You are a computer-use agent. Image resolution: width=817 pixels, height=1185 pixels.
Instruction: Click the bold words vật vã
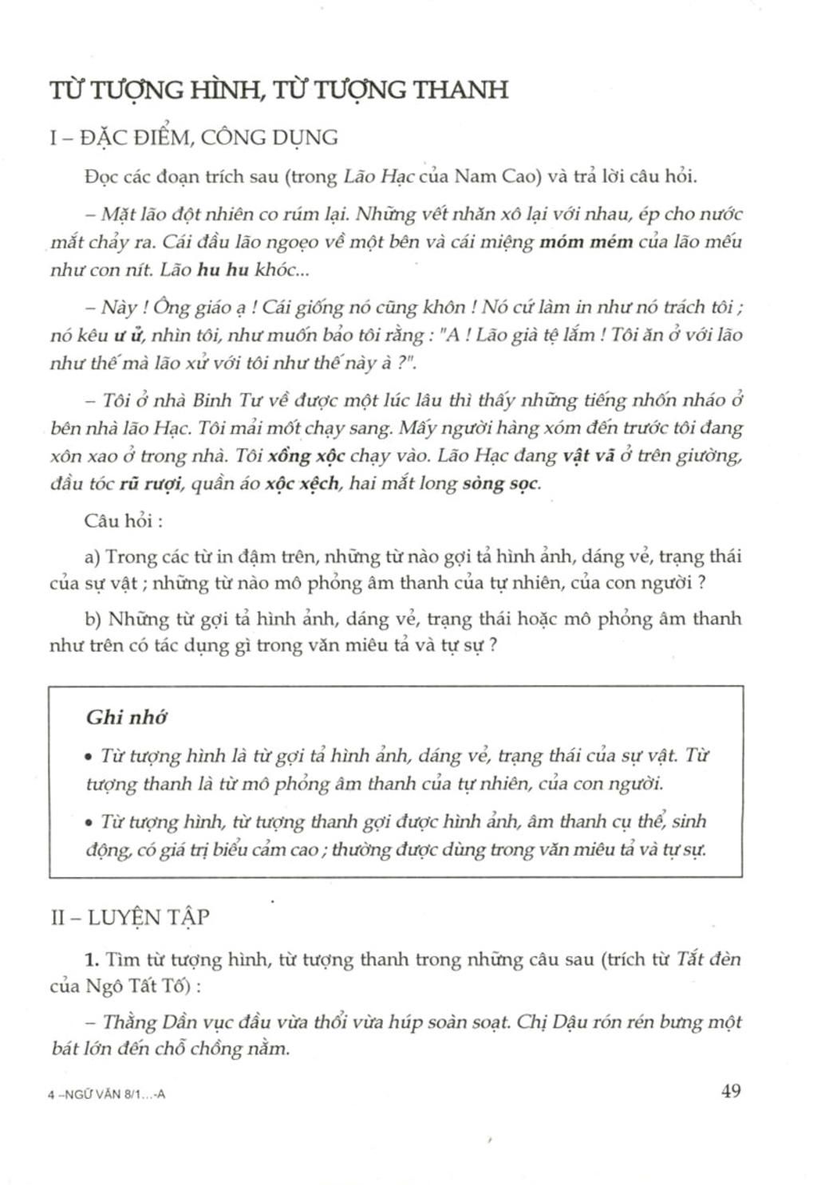click(x=589, y=456)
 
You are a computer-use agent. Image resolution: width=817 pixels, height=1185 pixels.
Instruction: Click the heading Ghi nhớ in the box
click(x=126, y=717)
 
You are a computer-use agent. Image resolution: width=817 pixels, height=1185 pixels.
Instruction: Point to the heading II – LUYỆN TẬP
click(x=130, y=917)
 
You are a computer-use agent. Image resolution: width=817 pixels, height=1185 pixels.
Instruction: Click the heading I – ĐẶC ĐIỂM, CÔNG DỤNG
click(x=194, y=138)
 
